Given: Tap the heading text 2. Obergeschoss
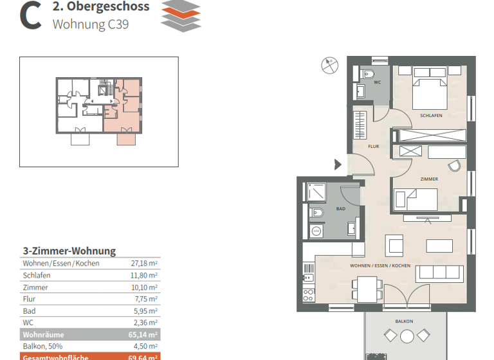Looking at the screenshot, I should point(100,7).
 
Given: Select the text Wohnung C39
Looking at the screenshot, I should point(91,24).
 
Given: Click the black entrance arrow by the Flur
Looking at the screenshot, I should point(338,165).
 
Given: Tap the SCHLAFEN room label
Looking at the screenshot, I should point(430,116).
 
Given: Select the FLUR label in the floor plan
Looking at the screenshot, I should point(373,147).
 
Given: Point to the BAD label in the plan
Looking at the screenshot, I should point(340,209).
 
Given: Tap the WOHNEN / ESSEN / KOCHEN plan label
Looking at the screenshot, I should point(380,265).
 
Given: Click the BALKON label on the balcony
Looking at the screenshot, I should point(404,321).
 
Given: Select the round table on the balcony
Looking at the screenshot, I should point(407,336).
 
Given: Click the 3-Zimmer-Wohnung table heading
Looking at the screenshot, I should point(69,251).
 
